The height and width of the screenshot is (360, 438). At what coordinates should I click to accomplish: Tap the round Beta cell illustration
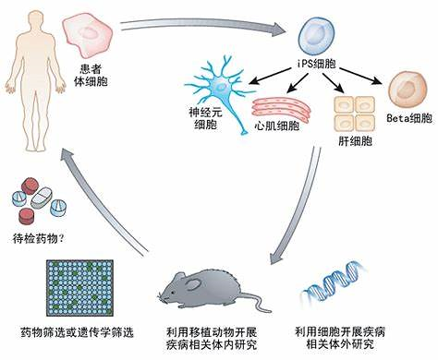point(407,96)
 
